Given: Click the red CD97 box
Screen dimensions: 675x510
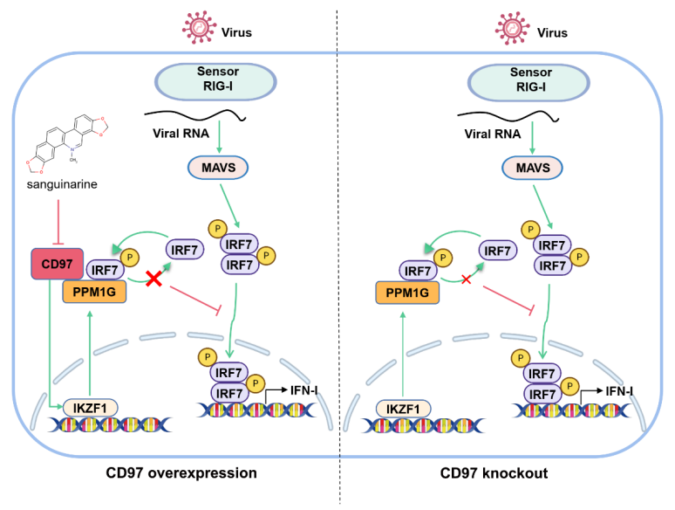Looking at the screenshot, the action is [58, 264].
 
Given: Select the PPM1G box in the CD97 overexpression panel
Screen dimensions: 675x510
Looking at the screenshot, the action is [94, 292].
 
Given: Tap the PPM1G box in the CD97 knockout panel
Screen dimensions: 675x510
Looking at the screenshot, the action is [407, 293].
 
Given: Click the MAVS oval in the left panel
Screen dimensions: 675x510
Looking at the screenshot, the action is [218, 168].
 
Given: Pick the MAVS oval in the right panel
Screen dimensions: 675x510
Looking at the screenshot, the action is [532, 169].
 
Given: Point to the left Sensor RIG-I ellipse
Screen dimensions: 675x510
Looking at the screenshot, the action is [215, 81].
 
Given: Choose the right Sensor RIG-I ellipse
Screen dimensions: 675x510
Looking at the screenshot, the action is [528, 82].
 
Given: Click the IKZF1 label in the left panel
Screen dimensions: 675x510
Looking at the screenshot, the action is [90, 408].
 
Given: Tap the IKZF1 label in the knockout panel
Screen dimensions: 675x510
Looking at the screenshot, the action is [403, 409].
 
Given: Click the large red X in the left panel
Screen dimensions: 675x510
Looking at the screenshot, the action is [153, 279].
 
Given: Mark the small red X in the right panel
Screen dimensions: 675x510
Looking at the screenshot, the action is [467, 279].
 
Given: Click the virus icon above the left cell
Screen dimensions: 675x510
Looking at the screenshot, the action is [199, 28].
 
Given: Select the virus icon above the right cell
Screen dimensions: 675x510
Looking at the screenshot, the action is [512, 29].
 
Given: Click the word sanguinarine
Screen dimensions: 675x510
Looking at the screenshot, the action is [62, 184].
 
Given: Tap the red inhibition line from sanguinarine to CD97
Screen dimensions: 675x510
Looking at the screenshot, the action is [58, 223].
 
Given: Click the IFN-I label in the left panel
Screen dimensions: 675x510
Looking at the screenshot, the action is [303, 390].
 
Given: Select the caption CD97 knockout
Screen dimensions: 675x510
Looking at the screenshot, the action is [494, 473].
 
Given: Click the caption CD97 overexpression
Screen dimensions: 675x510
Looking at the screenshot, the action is [181, 473].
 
